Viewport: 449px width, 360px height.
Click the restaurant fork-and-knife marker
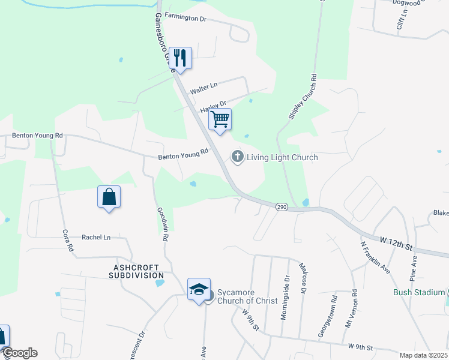tap(181, 58)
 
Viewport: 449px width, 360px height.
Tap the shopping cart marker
tap(220, 119)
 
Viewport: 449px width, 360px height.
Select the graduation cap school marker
tap(199, 290)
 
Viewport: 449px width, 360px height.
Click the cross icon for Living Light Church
tap(238, 157)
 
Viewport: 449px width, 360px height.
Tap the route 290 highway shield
tap(281, 207)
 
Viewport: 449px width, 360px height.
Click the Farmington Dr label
tap(185, 19)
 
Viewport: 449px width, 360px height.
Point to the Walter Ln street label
tap(203, 88)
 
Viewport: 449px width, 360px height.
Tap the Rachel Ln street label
tap(96, 238)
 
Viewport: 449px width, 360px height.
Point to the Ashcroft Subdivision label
tap(136, 271)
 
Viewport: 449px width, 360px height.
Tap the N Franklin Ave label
tap(376, 257)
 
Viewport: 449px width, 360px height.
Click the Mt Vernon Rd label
tap(354, 308)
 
